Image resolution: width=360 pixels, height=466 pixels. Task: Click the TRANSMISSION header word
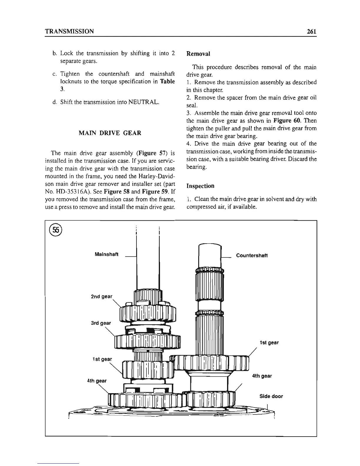coord(69,31)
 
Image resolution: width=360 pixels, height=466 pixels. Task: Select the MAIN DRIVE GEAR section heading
coord(110,133)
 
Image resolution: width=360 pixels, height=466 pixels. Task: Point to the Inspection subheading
coord(200,186)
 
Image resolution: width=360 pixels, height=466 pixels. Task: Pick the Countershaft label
coord(252,255)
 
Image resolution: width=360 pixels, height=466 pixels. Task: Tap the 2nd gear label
coord(102,296)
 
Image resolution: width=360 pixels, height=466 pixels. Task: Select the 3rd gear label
coord(101,323)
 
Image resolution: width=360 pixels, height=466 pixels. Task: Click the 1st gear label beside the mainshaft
coord(102,359)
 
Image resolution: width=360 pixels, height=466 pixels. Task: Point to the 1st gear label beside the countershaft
coord(269,342)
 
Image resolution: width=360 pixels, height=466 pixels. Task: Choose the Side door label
coord(271,396)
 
